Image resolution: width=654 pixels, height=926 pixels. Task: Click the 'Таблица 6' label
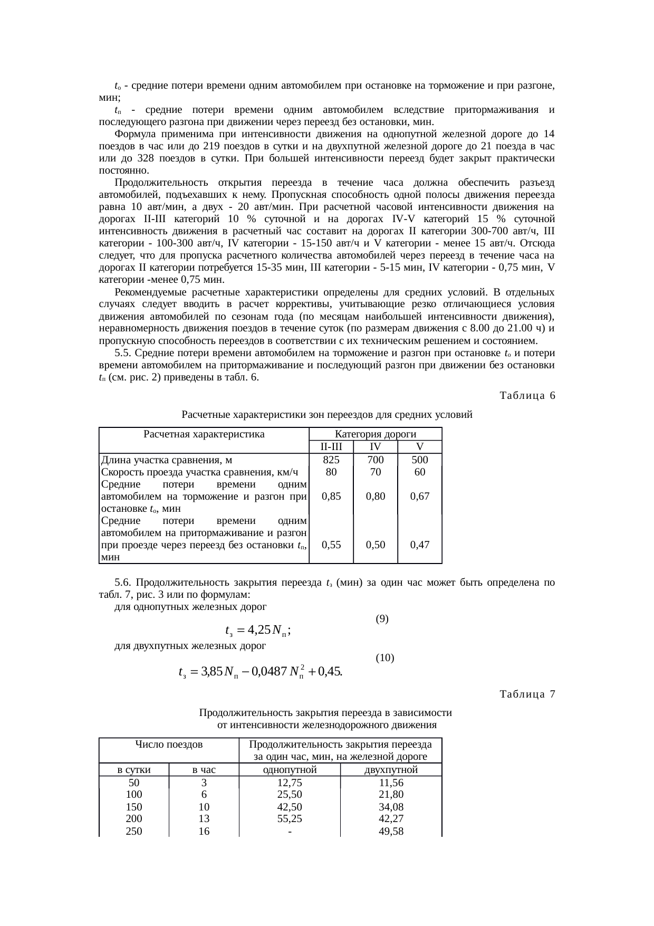[x=527, y=396]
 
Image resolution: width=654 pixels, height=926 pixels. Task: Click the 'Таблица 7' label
[x=527, y=694]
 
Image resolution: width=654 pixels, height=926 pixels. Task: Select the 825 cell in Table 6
[x=331, y=460]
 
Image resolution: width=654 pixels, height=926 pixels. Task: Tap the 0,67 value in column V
[x=419, y=497]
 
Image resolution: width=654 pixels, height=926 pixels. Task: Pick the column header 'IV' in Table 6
[x=375, y=447]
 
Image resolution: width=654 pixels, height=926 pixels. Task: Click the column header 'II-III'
[x=331, y=447]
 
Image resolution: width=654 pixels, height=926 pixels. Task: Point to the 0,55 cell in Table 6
[x=331, y=545]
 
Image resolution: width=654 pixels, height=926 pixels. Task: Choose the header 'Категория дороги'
[x=376, y=434]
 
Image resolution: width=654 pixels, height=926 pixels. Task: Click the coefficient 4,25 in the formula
[x=259, y=630]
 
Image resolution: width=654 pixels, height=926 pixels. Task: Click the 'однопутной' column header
[x=290, y=770]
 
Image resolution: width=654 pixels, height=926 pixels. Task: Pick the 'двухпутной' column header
[x=391, y=770]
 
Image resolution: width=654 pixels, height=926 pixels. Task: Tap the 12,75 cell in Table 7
[x=290, y=783]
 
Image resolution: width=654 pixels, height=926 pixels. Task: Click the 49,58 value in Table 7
[x=391, y=832]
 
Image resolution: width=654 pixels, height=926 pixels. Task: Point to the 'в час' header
[x=204, y=770]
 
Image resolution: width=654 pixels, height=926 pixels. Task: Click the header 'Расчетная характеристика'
[x=204, y=434]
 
